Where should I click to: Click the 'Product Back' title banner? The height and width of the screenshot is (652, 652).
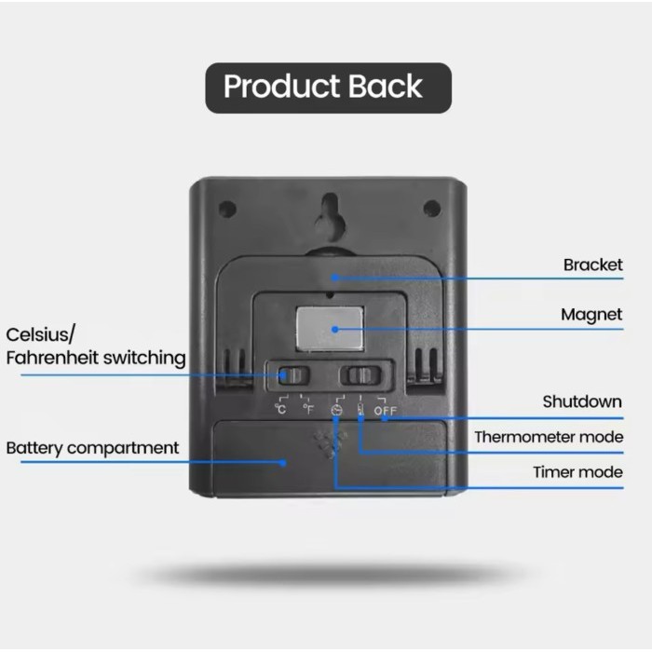coord(328,88)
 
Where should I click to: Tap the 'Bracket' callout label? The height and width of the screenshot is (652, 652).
coord(592,265)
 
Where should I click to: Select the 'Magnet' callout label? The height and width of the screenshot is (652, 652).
coord(591,315)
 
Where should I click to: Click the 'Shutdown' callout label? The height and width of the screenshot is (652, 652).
coord(582,401)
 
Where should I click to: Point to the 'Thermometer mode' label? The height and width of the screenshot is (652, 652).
coord(549,437)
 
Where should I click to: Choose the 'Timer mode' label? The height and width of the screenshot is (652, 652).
coord(578,472)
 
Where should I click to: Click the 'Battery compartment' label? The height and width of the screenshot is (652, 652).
coord(92,448)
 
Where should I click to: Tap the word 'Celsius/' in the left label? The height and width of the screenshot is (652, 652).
coord(41,334)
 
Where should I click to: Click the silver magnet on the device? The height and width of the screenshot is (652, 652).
coord(330,329)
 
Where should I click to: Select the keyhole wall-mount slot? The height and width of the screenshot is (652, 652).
coord(330,213)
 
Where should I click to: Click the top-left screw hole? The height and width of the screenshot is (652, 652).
coord(227,209)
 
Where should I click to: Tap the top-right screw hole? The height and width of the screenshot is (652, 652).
coord(432,208)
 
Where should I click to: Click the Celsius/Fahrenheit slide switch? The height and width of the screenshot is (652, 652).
coord(293,376)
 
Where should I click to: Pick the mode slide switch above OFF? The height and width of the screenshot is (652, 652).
coord(360,375)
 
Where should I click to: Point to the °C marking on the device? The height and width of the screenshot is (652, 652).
coord(280,409)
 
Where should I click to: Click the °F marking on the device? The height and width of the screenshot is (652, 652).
coord(308,409)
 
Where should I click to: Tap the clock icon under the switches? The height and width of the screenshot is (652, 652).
coord(337,411)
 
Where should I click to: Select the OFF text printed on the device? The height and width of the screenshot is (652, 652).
coord(386,411)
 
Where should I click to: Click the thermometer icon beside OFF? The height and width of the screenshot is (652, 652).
coord(360,410)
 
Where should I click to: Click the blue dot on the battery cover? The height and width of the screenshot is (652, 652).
coord(283,462)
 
